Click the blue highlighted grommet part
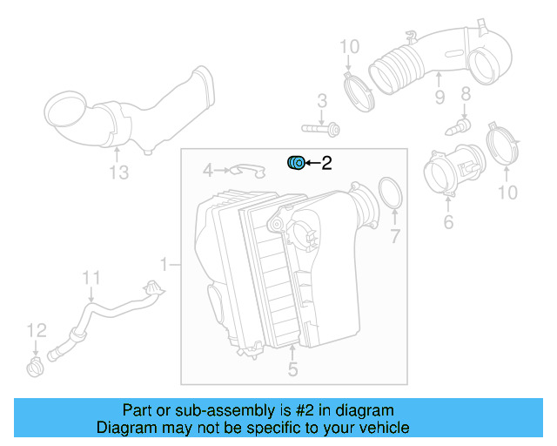[x=296, y=162]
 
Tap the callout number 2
[x=326, y=163]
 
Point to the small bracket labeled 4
[x=247, y=169]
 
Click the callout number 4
[x=208, y=169]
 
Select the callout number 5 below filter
[x=292, y=370]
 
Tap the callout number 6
[x=448, y=223]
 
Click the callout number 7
[x=394, y=236]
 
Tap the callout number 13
[x=118, y=172]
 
